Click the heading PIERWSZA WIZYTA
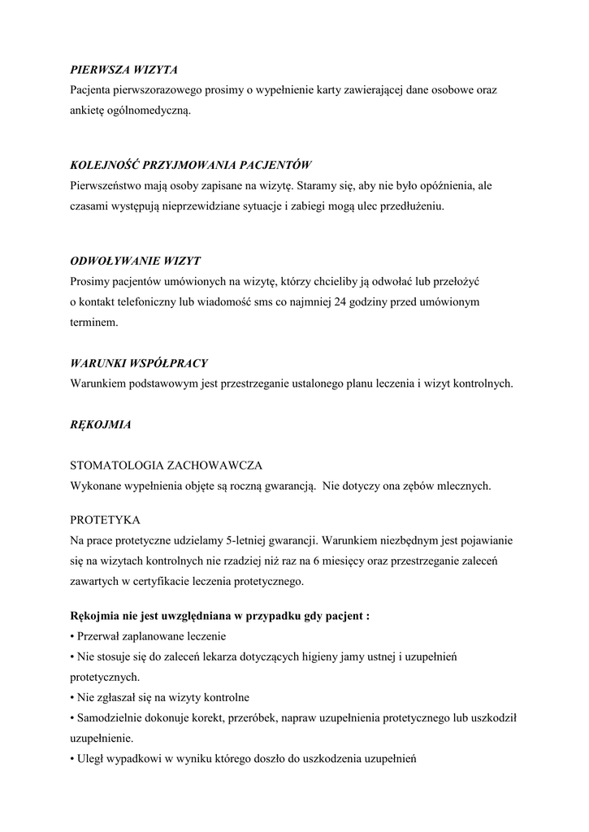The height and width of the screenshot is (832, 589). [123, 71]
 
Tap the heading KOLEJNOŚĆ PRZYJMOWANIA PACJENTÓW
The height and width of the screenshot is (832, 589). [191, 165]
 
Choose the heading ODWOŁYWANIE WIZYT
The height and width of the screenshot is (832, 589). [136, 262]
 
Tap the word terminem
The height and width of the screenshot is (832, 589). [94, 323]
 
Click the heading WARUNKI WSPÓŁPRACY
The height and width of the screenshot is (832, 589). [139, 362]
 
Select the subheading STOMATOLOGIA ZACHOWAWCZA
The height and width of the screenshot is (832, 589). [166, 466]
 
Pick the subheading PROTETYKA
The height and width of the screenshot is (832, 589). [106, 519]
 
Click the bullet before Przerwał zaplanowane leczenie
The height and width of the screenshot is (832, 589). [72, 636]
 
